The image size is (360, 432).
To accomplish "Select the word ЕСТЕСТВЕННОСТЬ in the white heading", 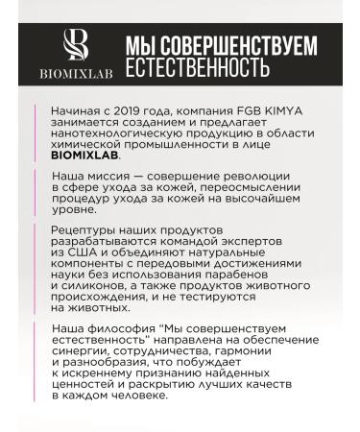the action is point(197,68).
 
